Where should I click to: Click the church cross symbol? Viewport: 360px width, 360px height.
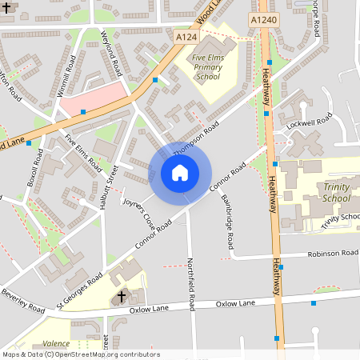coord(122,297)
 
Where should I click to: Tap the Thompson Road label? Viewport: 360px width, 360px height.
coord(195,138)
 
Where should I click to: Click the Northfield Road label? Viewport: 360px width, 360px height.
coord(191,284)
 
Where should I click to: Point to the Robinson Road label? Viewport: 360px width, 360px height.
coord(332,254)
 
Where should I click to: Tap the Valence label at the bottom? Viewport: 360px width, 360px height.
coord(56,342)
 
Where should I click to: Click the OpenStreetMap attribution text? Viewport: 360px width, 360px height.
coord(81,354)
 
